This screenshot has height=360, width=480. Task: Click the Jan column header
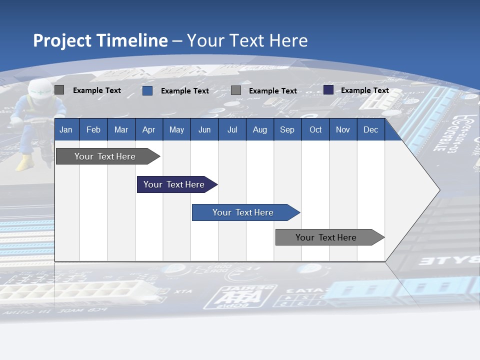coord(66,129)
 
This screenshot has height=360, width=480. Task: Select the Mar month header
coord(121,129)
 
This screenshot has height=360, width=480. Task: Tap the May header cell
coord(176,129)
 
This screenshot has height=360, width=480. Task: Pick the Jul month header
coord(232,129)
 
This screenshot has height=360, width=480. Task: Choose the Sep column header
coord(287,129)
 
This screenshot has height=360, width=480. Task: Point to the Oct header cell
coord(315,129)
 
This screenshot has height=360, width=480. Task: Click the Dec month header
coord(370,129)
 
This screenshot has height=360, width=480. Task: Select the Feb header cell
coord(93,129)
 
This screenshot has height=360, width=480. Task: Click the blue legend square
coord(147,90)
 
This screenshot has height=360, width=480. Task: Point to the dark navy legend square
coord(328,90)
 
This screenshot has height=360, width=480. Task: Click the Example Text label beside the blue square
coord(185,91)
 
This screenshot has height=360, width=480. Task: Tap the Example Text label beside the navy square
coord(365,90)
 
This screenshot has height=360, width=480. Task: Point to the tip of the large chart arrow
coord(439,190)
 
